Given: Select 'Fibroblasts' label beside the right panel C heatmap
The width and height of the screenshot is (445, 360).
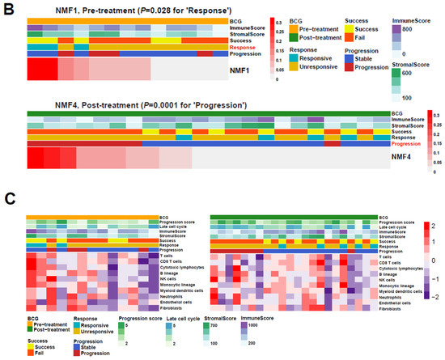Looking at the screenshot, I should tap(396, 309).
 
